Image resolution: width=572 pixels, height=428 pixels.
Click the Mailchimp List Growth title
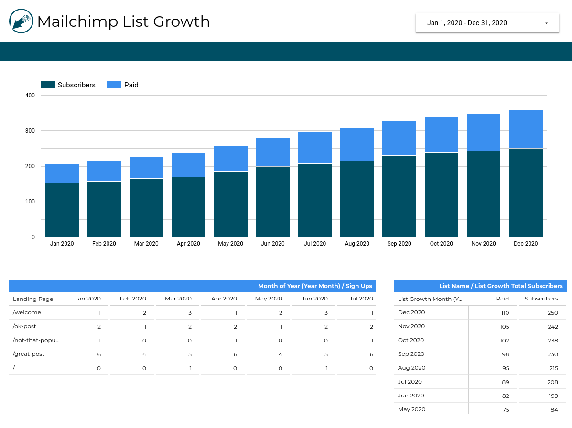click(123, 21)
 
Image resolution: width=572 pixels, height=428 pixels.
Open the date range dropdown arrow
click(546, 23)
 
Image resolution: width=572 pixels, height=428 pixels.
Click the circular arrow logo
click(21, 21)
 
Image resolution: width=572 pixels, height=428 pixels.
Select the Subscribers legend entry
click(68, 85)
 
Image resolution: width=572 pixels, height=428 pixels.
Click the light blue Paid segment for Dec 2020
click(526, 129)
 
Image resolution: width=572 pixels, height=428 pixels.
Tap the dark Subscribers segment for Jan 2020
click(62, 210)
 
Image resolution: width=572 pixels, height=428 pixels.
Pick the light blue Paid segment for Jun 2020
click(273, 152)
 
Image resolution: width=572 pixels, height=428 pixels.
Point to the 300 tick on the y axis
click(30, 131)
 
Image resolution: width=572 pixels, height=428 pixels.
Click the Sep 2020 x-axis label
click(399, 244)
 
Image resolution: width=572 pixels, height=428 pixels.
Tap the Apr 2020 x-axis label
click(188, 244)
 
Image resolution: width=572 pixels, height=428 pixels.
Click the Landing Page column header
click(33, 299)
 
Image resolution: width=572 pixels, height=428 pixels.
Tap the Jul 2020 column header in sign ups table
click(361, 299)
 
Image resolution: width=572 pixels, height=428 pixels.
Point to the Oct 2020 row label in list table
click(411, 341)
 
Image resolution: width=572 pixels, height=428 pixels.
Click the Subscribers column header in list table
click(541, 299)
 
